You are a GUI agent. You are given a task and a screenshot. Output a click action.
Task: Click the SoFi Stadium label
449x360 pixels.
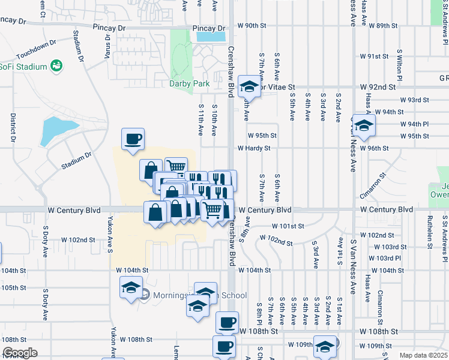point(23,65)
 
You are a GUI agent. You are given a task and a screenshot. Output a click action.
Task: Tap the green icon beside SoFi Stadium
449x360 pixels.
point(57,65)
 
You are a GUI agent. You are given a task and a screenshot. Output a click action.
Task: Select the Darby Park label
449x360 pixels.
point(190,84)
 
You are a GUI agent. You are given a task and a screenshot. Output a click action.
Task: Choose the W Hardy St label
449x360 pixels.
point(254,148)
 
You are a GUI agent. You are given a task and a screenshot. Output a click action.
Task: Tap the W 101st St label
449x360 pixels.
point(288,226)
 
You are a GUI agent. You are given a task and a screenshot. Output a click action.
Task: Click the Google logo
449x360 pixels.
point(20,353)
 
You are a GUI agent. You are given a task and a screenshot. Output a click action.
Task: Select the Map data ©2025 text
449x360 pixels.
point(423,355)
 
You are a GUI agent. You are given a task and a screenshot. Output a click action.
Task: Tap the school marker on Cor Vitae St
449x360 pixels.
point(248,86)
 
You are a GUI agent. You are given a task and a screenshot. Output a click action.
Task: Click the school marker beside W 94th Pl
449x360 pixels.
point(363,125)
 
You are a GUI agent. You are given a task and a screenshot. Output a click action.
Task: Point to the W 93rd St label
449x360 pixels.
point(415,100)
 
